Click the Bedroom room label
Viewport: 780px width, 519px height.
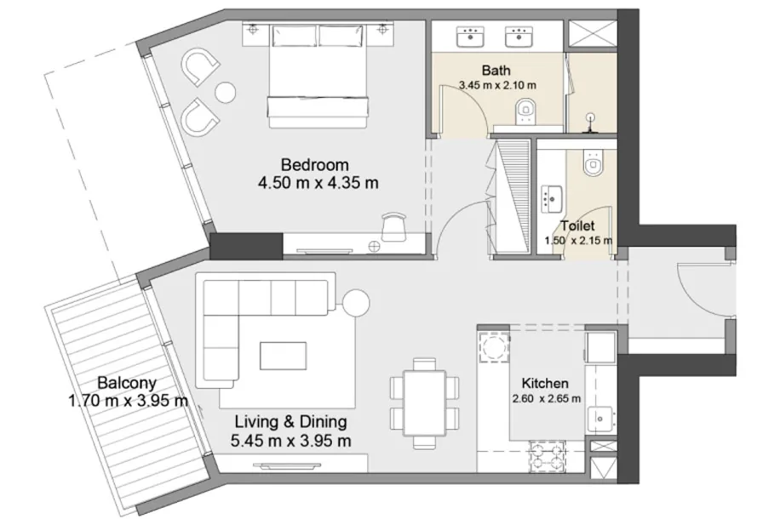pos(314,164)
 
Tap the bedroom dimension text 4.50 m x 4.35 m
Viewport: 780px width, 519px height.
pos(318,183)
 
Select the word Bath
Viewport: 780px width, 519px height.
pos(496,71)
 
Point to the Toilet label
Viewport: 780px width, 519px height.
pos(577,226)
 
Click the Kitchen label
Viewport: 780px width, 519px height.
pos(545,383)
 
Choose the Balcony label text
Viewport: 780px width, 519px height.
pos(127,383)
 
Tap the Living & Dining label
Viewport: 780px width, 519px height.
pos(291,422)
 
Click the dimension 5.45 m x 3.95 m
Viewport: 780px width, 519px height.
pos(291,441)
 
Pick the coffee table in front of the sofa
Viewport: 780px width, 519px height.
pos(283,356)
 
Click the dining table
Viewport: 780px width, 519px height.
pos(424,402)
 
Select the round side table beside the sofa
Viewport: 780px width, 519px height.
pos(356,302)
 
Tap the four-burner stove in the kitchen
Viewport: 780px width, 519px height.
pos(547,457)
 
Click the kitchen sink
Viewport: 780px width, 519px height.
pos(600,419)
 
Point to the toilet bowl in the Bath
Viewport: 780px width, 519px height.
pos(525,111)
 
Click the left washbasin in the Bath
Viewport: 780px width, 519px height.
pos(470,37)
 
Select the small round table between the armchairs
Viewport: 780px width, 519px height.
pos(225,92)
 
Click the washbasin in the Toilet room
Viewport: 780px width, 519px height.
pos(551,198)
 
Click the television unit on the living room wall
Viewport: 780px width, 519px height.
pos(286,465)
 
